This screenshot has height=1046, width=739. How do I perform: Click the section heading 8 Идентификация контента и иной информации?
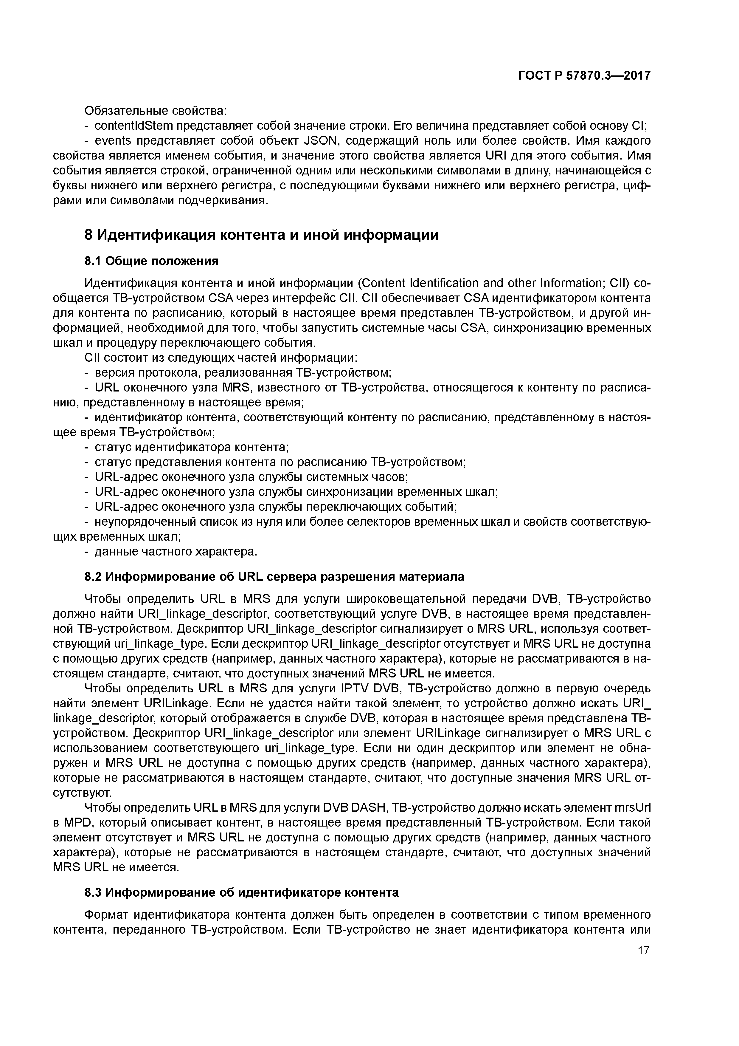262,235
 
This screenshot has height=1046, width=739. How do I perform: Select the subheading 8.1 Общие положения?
152,261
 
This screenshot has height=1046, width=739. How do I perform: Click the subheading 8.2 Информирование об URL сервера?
274,577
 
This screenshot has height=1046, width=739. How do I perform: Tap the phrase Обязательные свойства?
156,111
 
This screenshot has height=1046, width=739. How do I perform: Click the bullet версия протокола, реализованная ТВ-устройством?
243,373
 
